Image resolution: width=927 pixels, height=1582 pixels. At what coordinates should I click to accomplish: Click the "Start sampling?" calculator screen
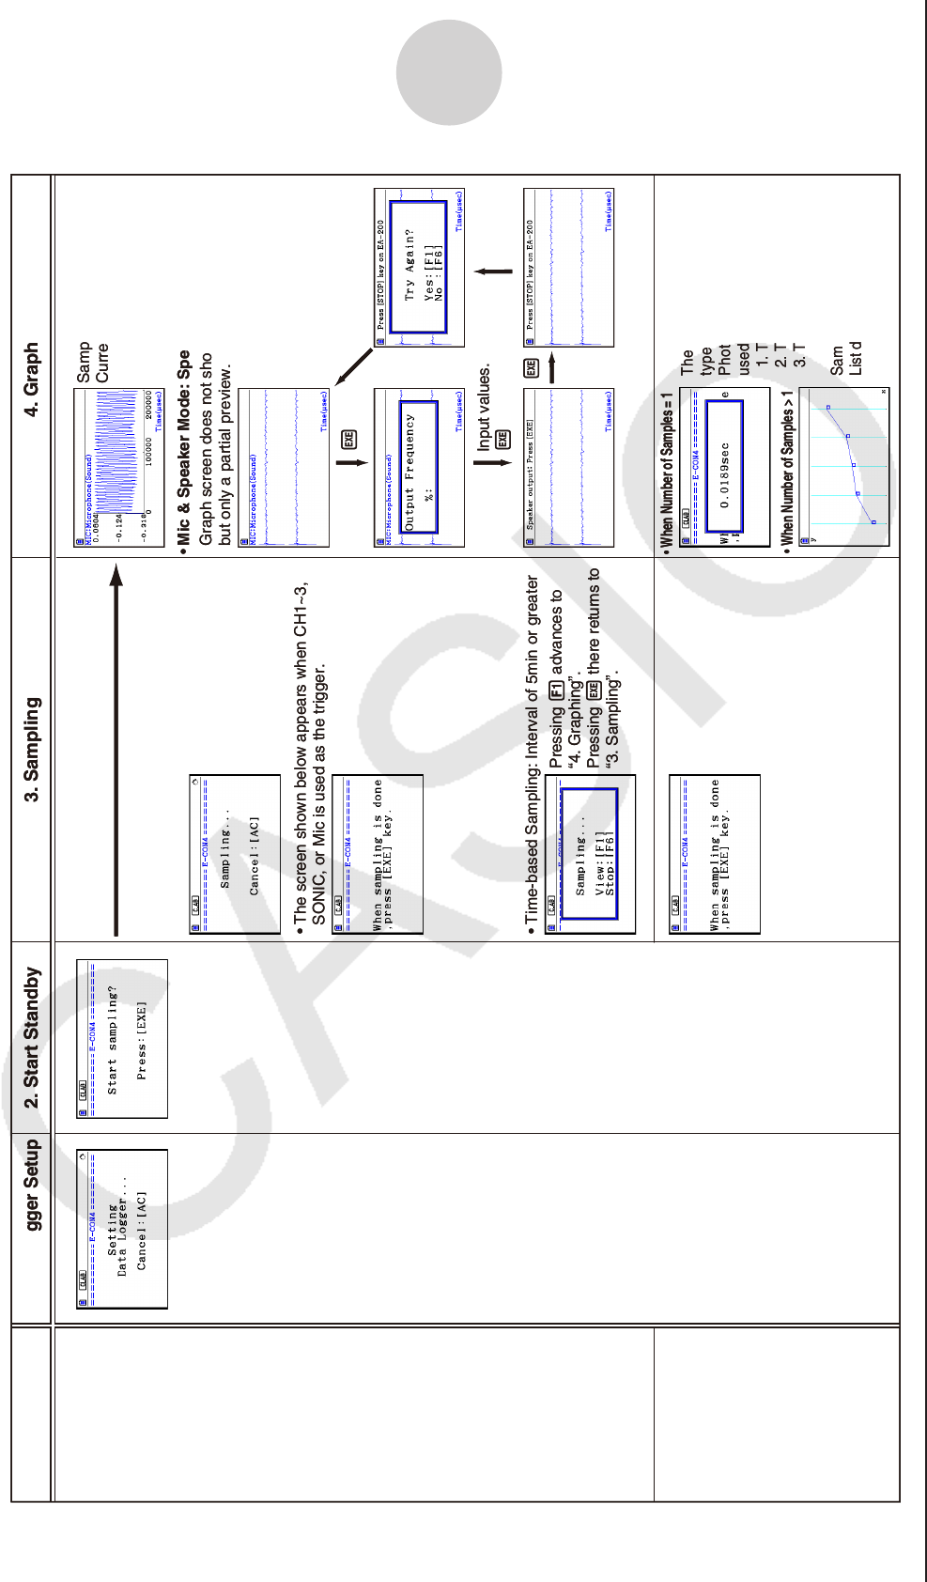122,1039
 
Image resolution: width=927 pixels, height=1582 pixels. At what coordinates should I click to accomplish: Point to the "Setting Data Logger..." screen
122,1229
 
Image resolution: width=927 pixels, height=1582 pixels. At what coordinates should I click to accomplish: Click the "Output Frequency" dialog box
419,468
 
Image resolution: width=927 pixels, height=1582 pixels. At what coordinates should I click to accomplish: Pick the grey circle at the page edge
449,73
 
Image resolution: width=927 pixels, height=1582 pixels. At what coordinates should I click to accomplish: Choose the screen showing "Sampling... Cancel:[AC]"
235,854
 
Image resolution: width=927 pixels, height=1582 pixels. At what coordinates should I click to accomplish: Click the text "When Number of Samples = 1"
668,470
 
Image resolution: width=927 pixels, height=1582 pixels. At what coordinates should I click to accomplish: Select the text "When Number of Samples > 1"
787,468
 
